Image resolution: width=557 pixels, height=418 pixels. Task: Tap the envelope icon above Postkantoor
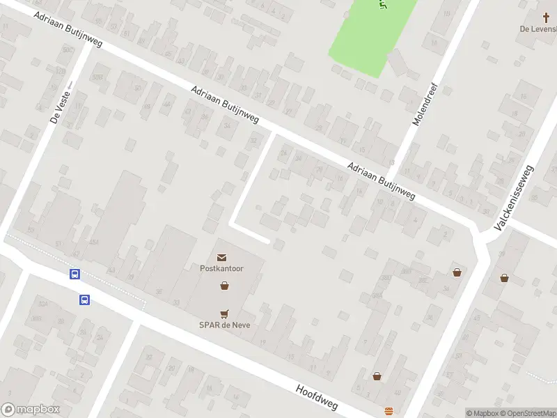click(x=222, y=258)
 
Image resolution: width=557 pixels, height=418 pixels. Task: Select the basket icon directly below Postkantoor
click(x=224, y=285)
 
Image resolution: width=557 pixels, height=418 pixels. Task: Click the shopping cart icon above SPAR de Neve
click(x=224, y=313)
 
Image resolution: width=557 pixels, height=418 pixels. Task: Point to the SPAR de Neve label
click(x=224, y=325)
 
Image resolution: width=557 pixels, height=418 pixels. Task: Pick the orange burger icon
click(x=389, y=410)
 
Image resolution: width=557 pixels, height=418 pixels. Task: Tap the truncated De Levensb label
click(x=538, y=29)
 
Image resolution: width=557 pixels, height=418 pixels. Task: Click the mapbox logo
click(x=31, y=410)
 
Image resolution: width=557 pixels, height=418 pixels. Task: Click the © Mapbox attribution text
click(x=482, y=413)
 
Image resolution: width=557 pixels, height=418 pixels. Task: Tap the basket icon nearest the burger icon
click(x=377, y=376)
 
